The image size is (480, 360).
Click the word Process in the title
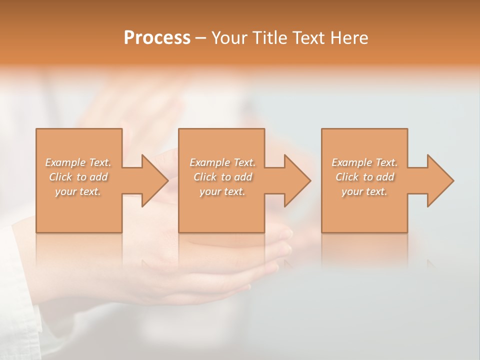157,38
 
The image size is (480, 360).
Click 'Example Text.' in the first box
78,162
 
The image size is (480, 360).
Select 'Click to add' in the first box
78,177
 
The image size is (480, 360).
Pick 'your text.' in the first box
78,191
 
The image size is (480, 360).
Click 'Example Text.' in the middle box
222,162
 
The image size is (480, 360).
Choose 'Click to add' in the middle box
222,177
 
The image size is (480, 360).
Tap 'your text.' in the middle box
222,191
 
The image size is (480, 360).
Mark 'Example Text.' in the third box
364,162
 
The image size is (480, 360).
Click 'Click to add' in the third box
364,177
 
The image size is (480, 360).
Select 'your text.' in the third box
364,191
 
